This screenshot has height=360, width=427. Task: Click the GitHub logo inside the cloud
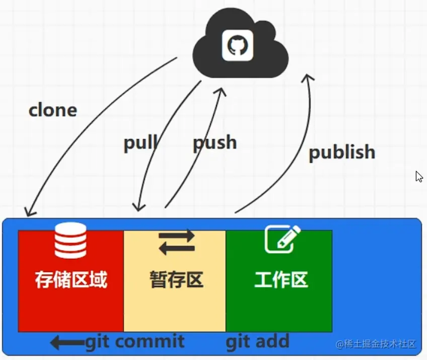coord(237,46)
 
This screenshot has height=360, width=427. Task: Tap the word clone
coord(53,110)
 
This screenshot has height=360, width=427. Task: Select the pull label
coord(140,143)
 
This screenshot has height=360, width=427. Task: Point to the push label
coord(215,142)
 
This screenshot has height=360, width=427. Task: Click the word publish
coord(342,152)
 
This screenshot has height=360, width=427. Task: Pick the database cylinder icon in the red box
coord(70,241)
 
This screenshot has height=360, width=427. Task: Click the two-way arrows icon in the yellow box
coord(176,242)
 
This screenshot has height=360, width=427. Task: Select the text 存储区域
coord(71,279)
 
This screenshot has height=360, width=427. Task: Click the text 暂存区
coord(176,279)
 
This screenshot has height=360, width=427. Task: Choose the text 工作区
coord(281,279)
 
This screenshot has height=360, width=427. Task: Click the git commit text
coord(135,342)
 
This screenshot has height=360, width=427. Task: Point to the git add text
coord(257,342)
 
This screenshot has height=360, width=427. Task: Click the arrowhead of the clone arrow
coord(29,211)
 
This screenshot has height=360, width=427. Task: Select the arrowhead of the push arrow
coord(221,91)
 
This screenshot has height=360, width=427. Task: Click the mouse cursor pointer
coord(419,176)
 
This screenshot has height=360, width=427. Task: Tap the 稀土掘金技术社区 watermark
coord(377,344)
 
